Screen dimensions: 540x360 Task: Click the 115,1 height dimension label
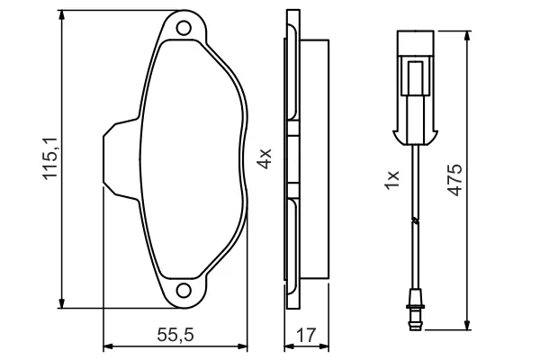pos(50,158)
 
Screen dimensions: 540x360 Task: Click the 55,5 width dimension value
pos(175,335)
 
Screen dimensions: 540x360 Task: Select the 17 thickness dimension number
pos(306,335)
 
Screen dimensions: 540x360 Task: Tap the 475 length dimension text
pos(454,180)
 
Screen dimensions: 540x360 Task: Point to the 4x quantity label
pos(265,158)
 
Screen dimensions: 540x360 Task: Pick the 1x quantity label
pos(391,180)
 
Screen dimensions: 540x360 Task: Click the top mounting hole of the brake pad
pos(184,28)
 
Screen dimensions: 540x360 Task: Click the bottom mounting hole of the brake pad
pos(184,291)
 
